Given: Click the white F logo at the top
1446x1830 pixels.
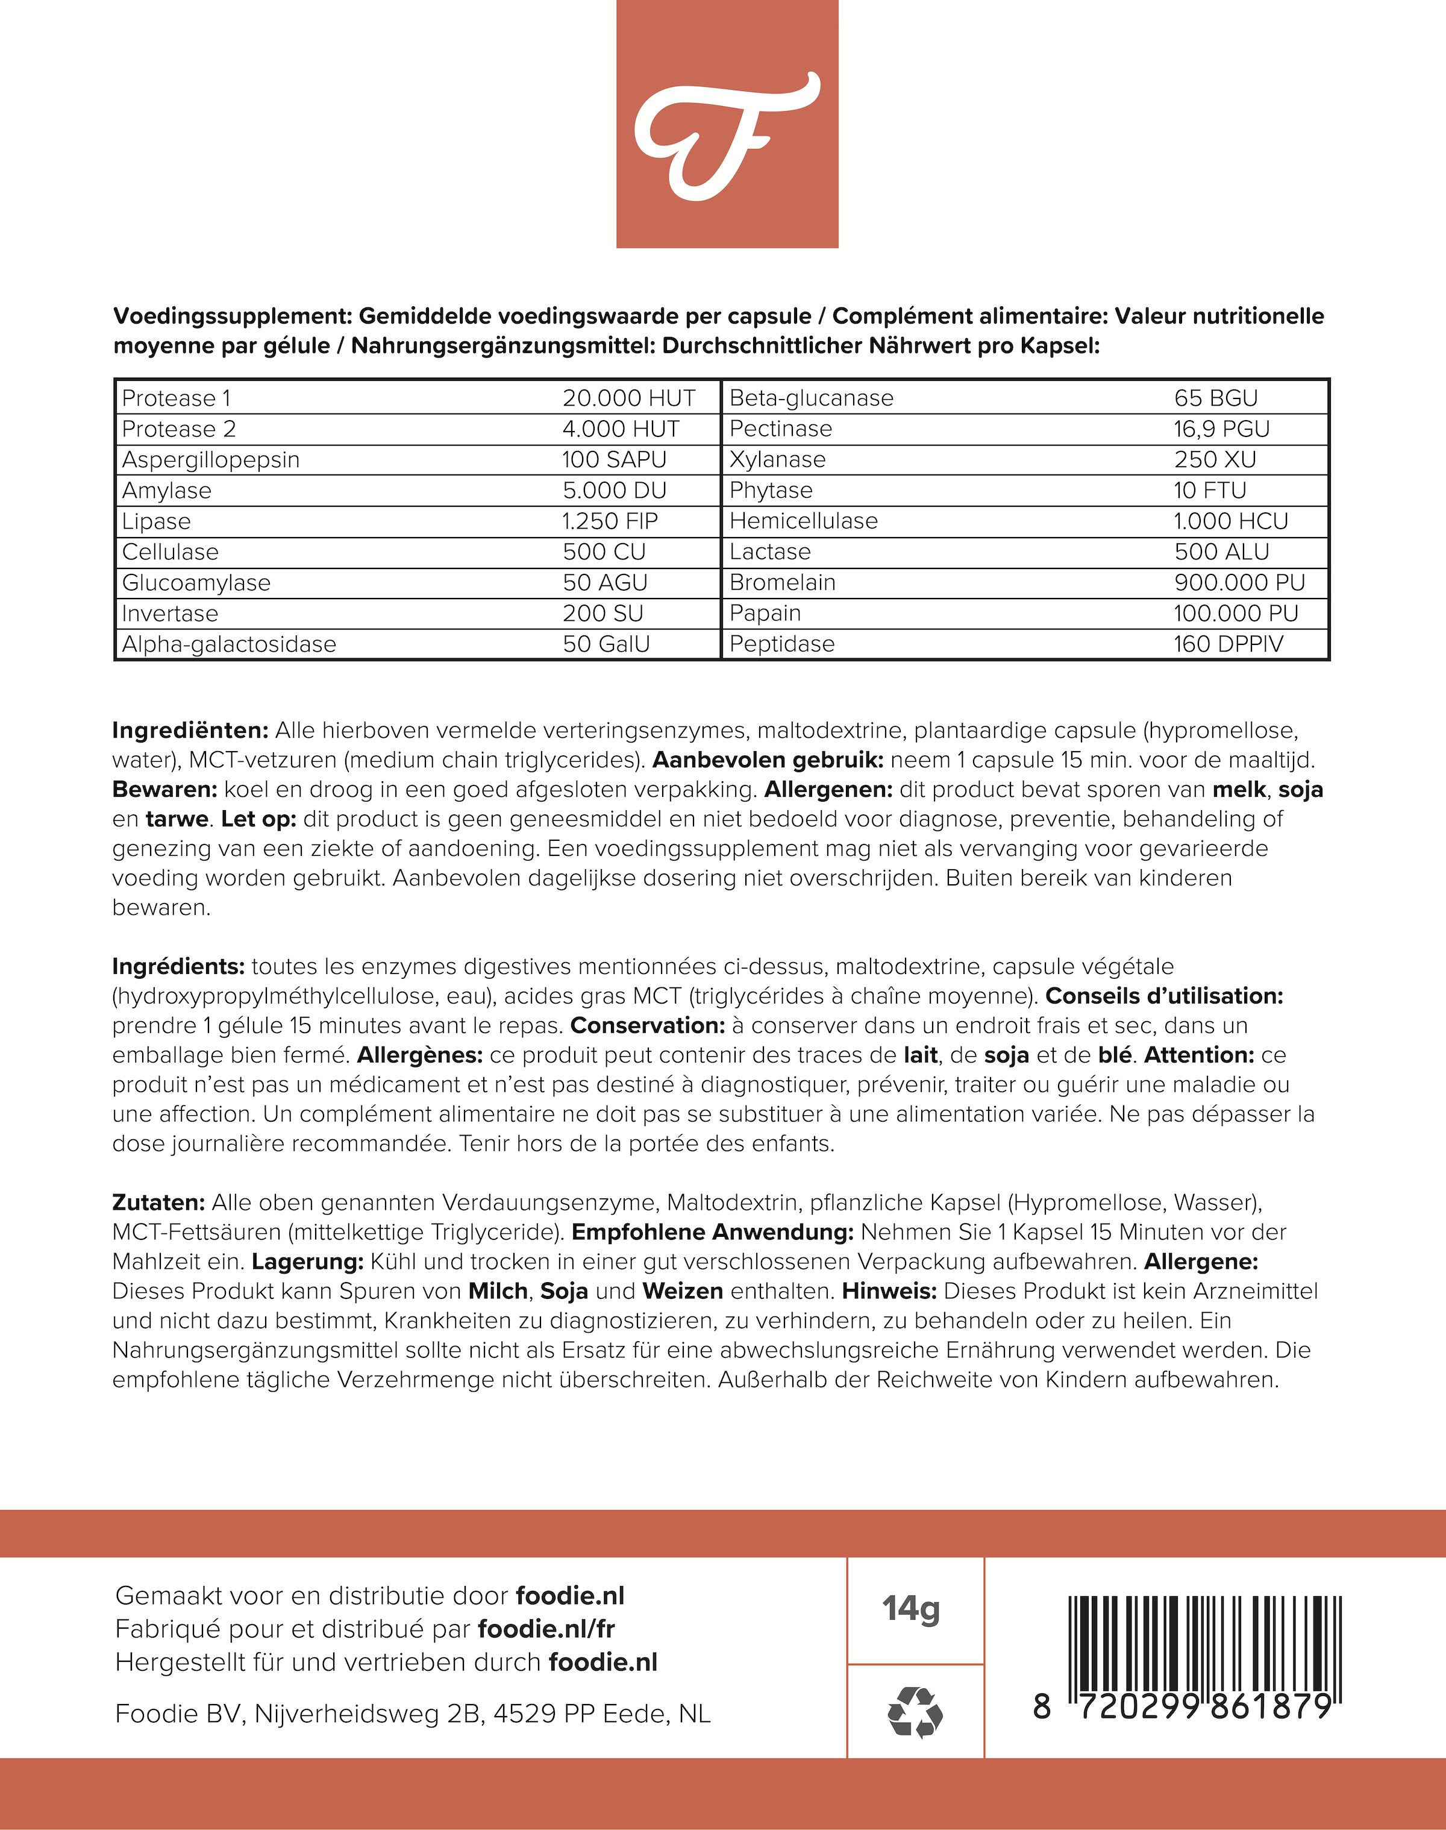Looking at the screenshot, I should click(727, 136).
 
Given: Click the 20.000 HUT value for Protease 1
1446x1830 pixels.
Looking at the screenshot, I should click(628, 398).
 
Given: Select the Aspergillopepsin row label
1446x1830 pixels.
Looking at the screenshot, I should click(211, 460).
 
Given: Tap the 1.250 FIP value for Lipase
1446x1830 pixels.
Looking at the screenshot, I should click(610, 521).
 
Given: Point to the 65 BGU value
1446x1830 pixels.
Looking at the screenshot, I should click(1216, 398).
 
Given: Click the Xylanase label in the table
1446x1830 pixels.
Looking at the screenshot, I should click(777, 460).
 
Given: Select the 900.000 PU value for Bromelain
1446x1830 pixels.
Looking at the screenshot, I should click(1239, 583).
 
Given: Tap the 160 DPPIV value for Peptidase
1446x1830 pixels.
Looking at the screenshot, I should click(1227, 644).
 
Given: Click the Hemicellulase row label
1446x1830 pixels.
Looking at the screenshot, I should click(803, 521).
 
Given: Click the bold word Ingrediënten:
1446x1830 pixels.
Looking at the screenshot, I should click(190, 730).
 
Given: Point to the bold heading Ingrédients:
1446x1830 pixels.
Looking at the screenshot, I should click(178, 966).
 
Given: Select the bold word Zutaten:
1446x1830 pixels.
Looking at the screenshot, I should click(158, 1203).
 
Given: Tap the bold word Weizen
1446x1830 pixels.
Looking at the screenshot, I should click(683, 1291).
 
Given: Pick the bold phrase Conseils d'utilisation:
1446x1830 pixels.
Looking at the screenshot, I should click(1164, 996).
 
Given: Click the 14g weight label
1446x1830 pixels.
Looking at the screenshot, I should click(911, 1608).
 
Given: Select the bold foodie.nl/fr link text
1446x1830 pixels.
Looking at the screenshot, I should click(546, 1629).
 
